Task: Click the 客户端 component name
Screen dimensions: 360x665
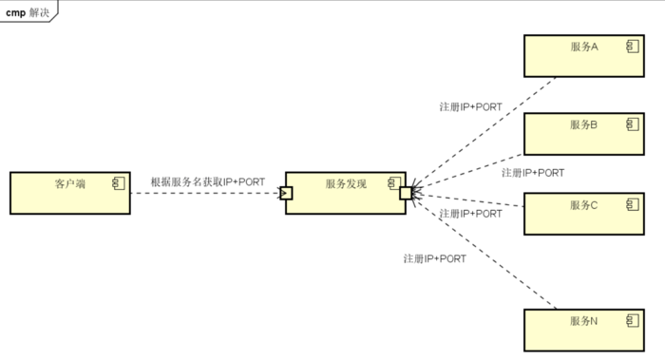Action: tap(70, 183)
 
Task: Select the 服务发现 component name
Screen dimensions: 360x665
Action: tap(346, 183)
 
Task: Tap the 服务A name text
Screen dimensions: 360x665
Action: tap(583, 47)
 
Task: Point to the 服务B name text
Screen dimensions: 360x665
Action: tap(583, 123)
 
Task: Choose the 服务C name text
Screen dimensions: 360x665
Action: tap(583, 204)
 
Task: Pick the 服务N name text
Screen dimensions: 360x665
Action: tap(583, 321)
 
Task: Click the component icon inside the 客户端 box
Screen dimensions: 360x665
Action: tap(119, 182)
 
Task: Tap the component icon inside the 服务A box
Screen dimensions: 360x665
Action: tap(631, 46)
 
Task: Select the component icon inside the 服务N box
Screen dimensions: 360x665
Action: tap(631, 320)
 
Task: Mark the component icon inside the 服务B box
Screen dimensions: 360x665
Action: tap(631, 123)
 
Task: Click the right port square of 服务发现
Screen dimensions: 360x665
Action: tap(406, 194)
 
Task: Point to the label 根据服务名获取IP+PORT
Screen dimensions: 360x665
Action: tap(207, 181)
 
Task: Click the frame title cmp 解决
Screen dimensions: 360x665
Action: tap(28, 12)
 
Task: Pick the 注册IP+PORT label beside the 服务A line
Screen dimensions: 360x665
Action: tap(471, 106)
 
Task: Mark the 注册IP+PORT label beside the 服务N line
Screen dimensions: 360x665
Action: tap(435, 257)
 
